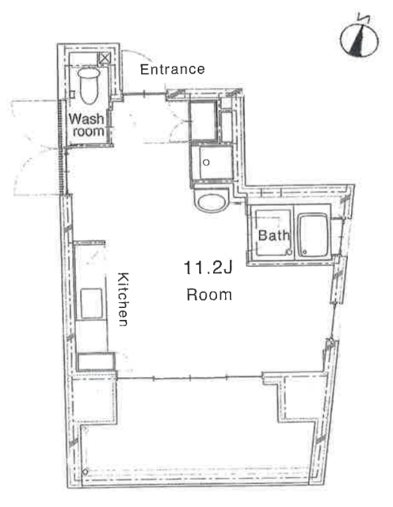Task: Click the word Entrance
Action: [x=173, y=69]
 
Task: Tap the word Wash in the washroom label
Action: [x=86, y=119]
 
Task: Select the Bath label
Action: [x=273, y=235]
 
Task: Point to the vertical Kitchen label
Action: [x=123, y=299]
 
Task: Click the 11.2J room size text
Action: [x=208, y=268]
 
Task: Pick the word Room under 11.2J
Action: [x=209, y=295]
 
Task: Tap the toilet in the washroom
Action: [x=88, y=85]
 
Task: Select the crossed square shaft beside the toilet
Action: [x=105, y=59]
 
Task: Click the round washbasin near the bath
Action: [x=211, y=202]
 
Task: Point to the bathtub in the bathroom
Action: [x=314, y=235]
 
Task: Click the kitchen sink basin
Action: [x=91, y=303]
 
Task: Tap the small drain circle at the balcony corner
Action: [x=85, y=472]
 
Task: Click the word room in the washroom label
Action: [x=88, y=132]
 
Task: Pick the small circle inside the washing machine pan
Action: [x=206, y=162]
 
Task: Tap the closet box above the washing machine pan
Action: [x=203, y=120]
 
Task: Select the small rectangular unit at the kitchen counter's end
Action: [x=97, y=361]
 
